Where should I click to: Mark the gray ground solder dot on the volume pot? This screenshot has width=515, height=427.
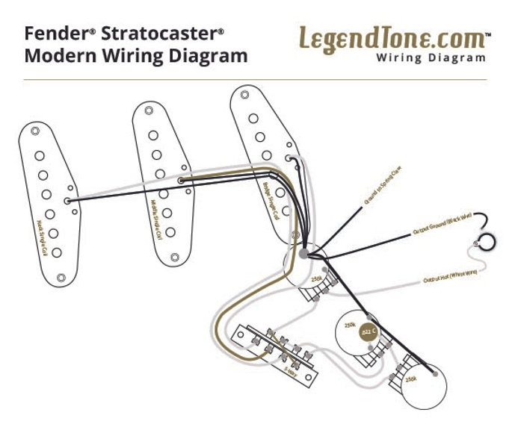coord(303,255)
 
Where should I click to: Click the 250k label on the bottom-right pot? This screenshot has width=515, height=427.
coord(410,379)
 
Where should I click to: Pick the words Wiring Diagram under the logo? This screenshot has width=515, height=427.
coord(431,57)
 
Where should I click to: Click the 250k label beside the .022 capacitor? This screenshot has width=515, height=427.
coord(349,325)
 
